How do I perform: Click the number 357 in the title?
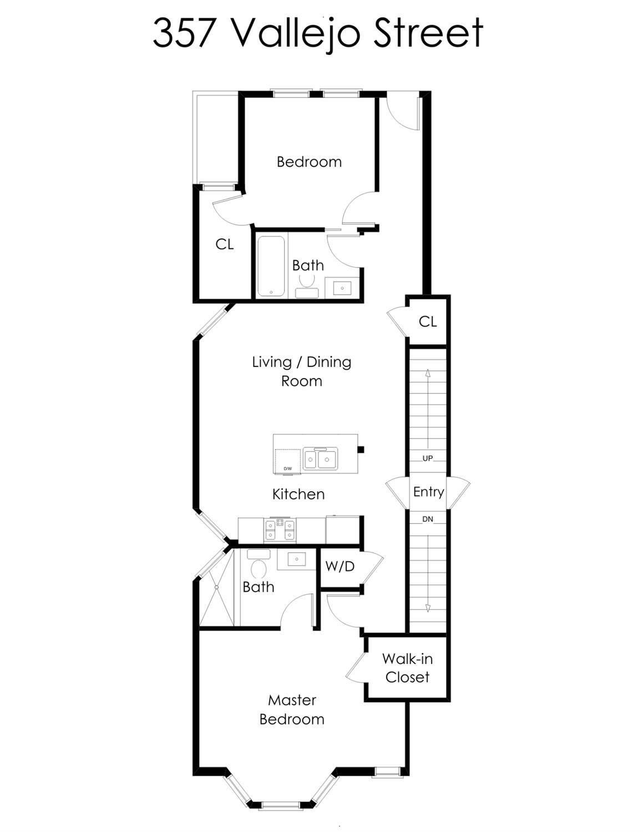184,33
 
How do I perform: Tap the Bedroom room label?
309,162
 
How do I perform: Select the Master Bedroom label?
292,710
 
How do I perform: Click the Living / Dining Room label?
301,371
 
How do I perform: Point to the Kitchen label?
298,494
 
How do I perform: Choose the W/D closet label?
340,567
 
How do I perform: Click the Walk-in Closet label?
407,668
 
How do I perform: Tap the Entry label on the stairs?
428,492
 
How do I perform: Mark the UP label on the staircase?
428,458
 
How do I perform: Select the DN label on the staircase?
428,520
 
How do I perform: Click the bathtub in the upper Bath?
271,265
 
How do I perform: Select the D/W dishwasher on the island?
287,461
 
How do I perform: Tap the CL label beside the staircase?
428,322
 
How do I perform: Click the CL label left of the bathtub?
224,245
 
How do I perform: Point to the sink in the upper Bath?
342,288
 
